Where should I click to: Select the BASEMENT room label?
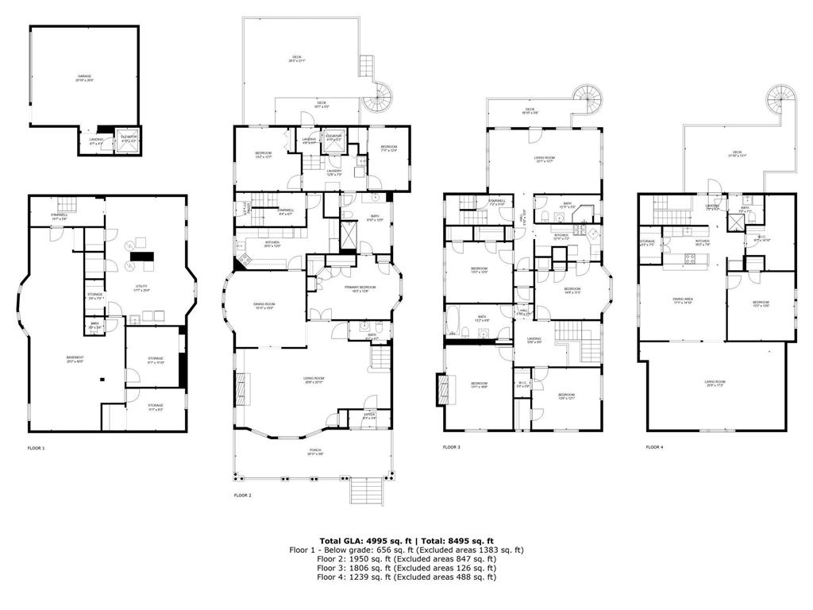coord(75,359)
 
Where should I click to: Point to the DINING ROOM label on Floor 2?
coord(264,306)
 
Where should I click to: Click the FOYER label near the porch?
coord(369,415)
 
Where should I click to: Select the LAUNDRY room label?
coord(333,172)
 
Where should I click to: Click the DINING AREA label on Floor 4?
coord(682,300)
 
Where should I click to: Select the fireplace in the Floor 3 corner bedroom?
coord(442,389)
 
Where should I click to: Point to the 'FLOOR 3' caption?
coord(452,448)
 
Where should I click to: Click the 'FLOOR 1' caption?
coord(37,449)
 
